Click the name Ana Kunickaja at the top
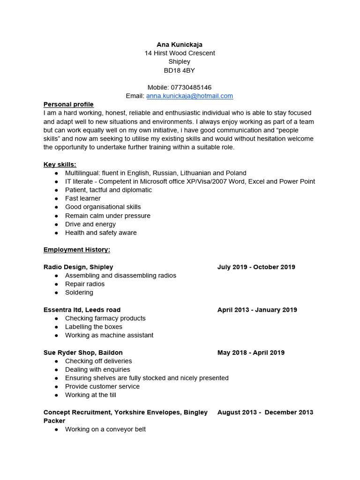tap(180, 45)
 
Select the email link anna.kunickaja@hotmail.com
tap(189, 96)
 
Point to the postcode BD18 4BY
tap(180, 70)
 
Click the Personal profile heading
tap(68, 105)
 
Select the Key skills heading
tap(60, 165)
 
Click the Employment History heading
tap(77, 250)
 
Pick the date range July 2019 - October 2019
tap(256, 267)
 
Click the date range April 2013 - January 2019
tap(257, 310)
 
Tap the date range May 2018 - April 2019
tap(251, 352)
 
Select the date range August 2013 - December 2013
tap(265, 412)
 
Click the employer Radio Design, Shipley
tap(78, 267)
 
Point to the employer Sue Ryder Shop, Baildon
tap(83, 352)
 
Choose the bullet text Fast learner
tap(83, 198)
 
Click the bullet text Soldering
tap(79, 292)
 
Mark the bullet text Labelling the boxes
tap(94, 327)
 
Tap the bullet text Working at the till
tap(90, 395)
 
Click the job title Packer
tap(54, 421)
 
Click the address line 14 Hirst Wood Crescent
tap(180, 53)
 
